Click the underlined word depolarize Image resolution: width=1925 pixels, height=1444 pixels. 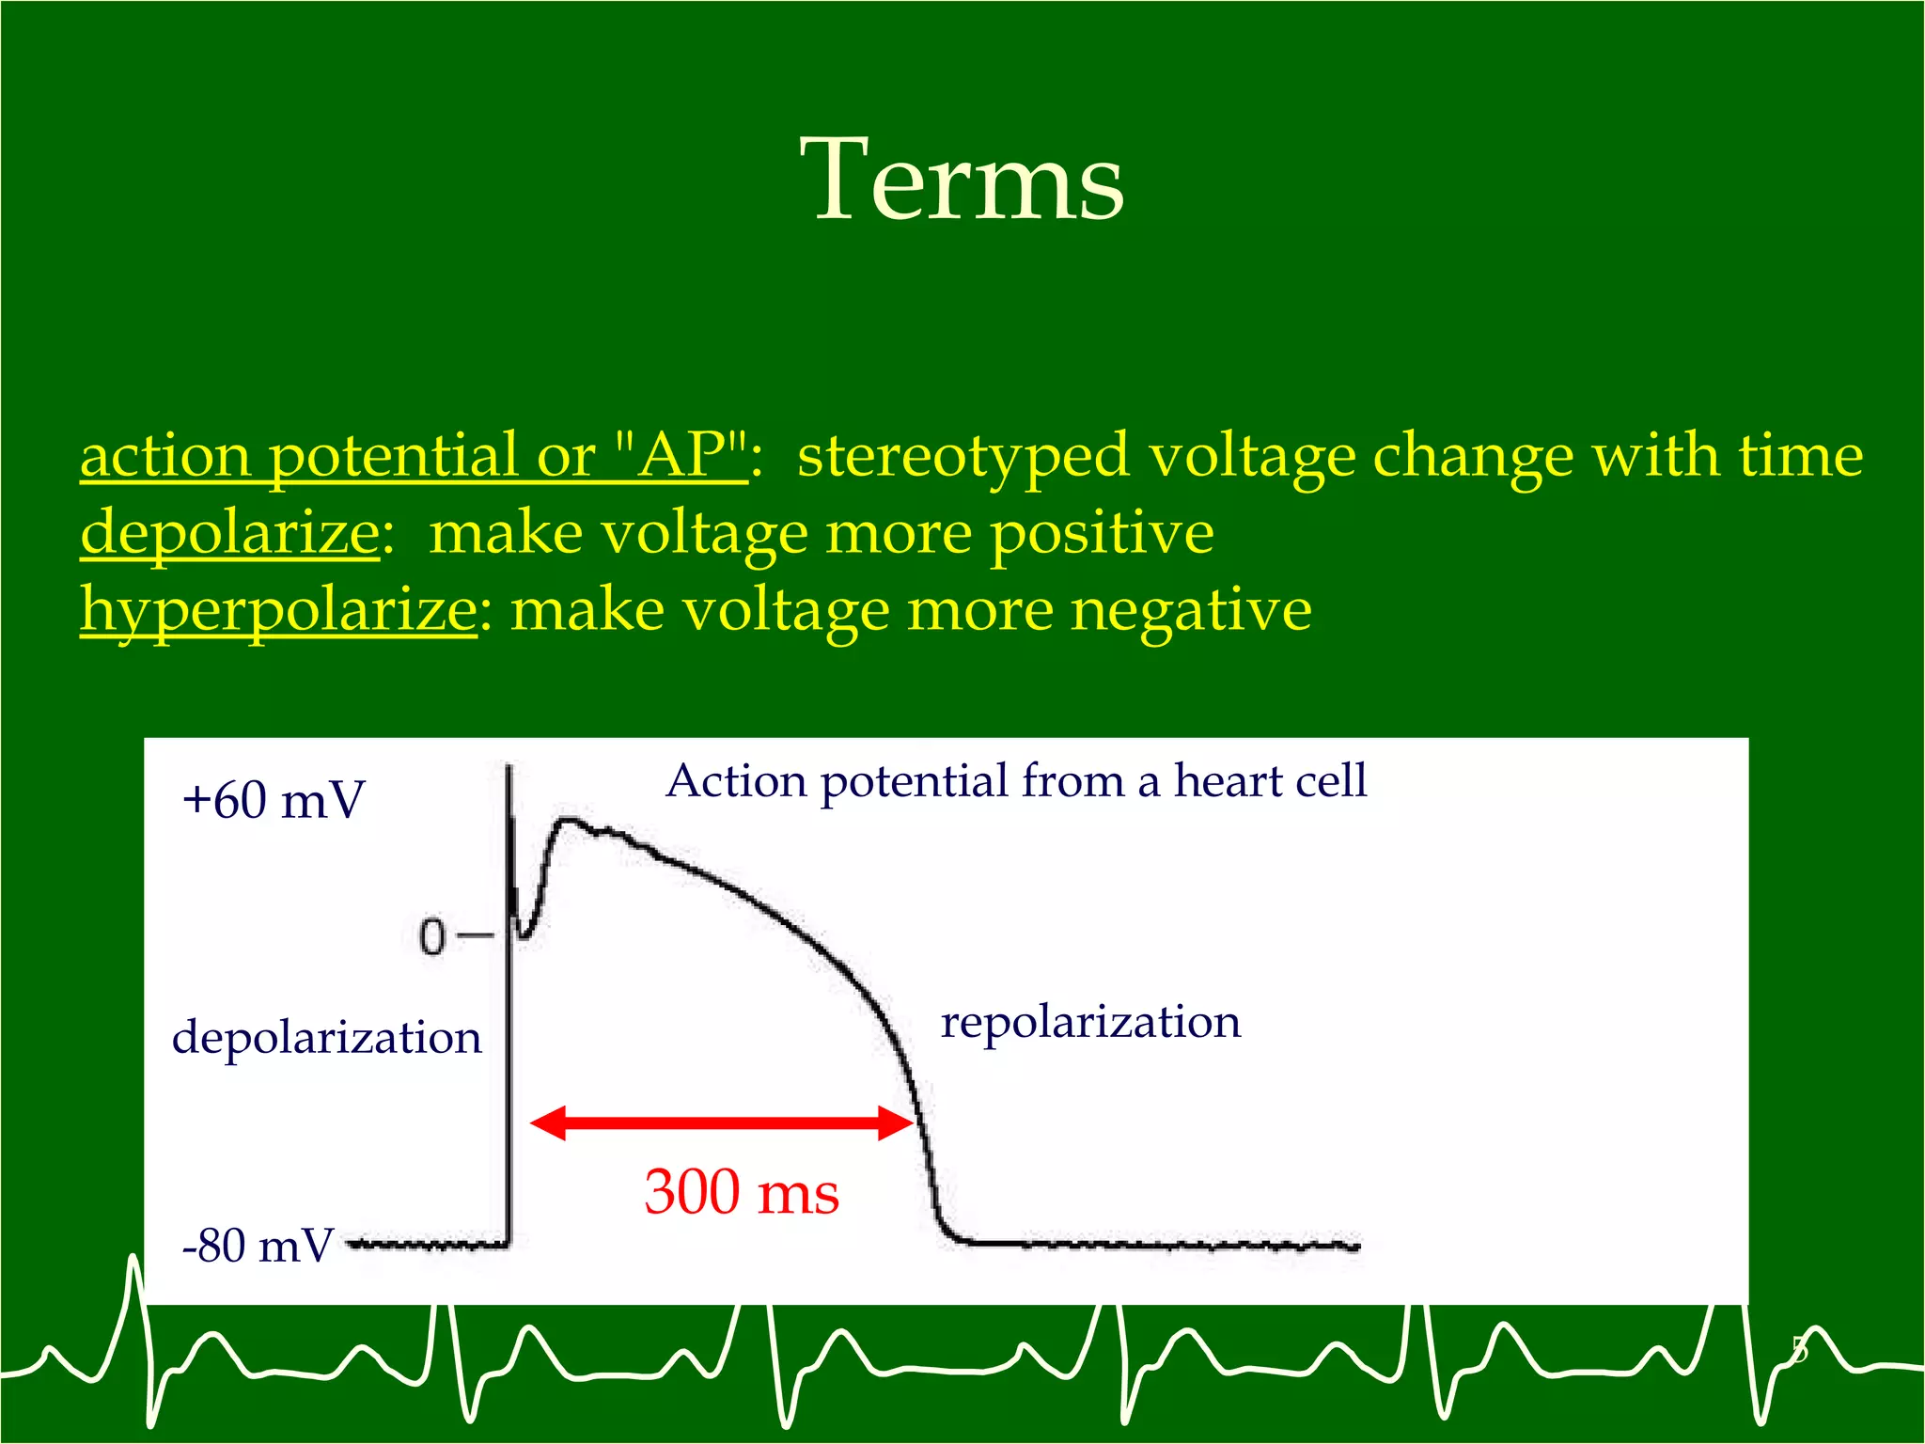pos(230,534)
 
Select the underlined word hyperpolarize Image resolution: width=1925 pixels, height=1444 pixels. pos(279,611)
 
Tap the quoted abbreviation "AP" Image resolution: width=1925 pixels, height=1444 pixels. pos(682,456)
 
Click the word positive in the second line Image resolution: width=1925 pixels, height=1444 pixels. pos(1102,534)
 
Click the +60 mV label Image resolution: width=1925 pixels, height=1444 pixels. pos(273,801)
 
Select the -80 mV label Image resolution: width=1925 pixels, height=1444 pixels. pos(258,1247)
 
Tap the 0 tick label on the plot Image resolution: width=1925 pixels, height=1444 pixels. pos(431,937)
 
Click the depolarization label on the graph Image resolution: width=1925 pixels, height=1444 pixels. pos(326,1038)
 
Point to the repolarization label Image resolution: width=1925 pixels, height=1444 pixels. pos(1090,1022)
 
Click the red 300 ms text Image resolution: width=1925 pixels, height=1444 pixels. pos(741,1193)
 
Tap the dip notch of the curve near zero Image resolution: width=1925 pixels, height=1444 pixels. pos(524,934)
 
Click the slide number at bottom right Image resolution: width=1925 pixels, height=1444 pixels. pos(1798,1350)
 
